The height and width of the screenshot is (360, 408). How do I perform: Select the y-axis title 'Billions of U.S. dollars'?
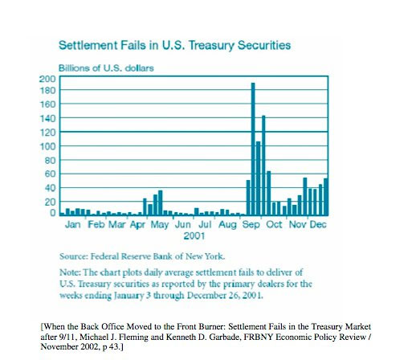(106, 67)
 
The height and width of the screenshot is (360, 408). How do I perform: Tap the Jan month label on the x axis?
(72, 225)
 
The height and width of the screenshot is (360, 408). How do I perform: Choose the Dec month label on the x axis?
(319, 225)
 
